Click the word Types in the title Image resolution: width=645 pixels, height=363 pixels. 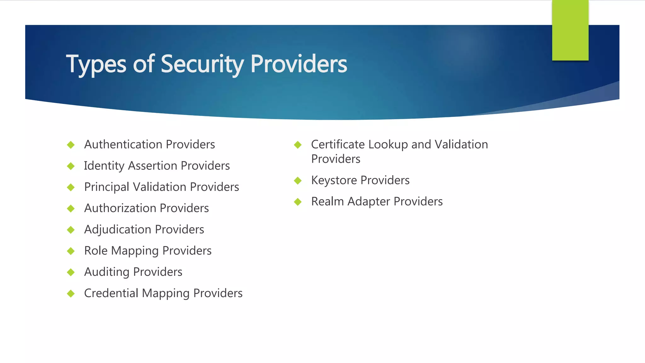(96, 64)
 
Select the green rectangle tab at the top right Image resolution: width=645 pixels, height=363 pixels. (570, 30)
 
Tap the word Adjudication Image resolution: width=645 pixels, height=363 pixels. (117, 229)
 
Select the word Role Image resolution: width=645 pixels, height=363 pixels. (96, 251)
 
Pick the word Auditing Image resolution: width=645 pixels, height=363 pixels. (107, 272)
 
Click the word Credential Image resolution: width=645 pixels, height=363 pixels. (111, 293)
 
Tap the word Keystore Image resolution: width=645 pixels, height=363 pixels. (334, 180)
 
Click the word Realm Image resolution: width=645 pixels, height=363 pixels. (327, 201)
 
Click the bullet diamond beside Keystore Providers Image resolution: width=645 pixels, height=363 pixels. (298, 181)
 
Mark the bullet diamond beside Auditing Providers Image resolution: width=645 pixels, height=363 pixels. (71, 272)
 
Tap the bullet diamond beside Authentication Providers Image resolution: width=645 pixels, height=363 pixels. (71, 145)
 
